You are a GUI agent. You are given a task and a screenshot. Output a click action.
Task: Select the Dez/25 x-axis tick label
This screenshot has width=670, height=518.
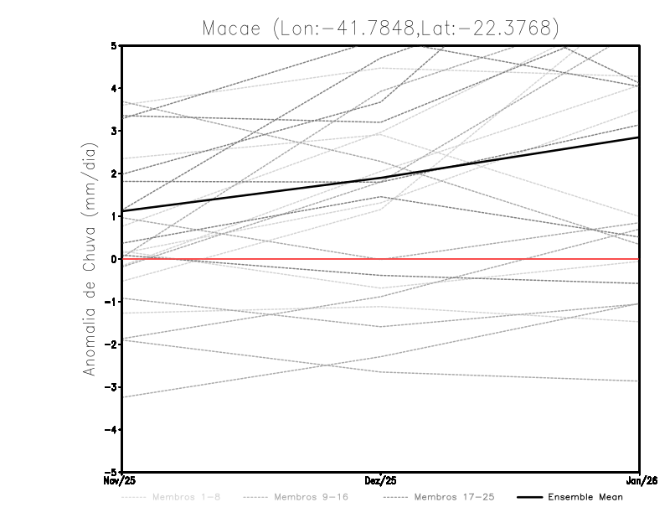(x=381, y=481)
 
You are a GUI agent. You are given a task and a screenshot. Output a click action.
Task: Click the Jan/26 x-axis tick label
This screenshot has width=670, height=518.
(x=640, y=481)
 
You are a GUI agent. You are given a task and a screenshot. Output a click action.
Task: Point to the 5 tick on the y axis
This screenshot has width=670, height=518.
(x=114, y=45)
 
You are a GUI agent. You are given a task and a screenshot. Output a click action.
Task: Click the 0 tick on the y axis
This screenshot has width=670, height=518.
(x=114, y=259)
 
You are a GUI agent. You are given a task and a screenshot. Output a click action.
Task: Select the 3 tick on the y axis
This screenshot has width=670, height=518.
(x=114, y=131)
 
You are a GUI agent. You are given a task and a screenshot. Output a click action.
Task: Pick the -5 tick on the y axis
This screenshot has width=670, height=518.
(x=111, y=473)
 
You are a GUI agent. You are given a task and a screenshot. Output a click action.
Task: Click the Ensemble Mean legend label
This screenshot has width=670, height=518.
(x=585, y=497)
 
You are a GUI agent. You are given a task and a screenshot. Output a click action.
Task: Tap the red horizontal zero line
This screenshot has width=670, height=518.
(x=502, y=259)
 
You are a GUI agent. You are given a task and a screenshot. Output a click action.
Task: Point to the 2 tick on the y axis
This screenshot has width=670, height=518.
(x=114, y=174)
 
